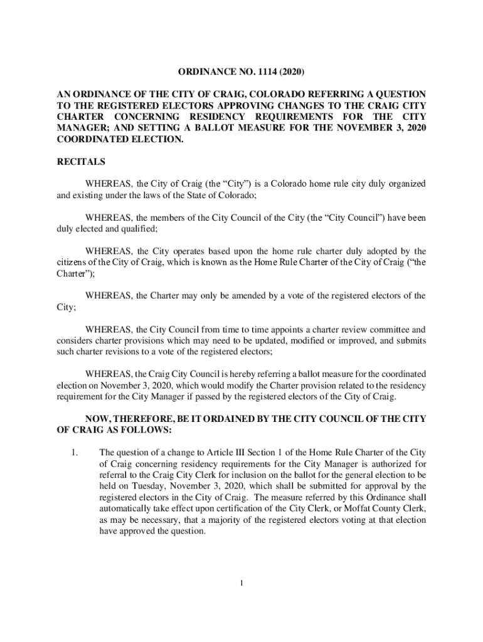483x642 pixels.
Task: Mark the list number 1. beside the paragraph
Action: point(73,452)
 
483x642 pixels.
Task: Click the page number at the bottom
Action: point(242,584)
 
